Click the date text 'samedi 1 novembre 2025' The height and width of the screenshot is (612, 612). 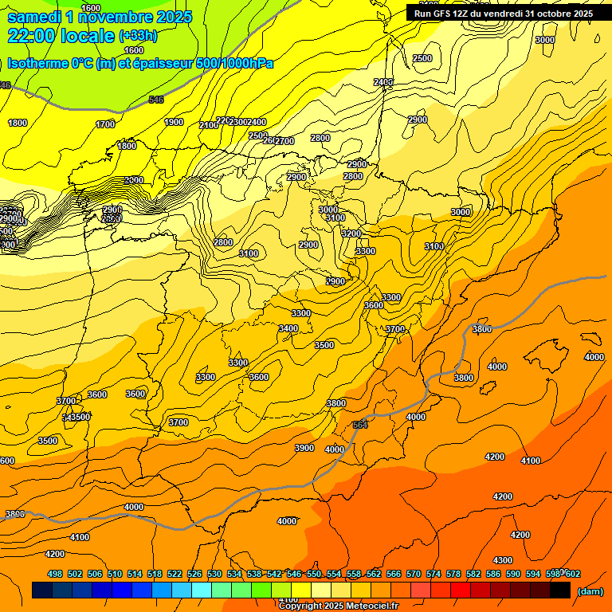[x=100, y=17]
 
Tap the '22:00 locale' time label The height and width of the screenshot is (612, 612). [x=61, y=35]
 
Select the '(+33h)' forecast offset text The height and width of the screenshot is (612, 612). [x=138, y=36]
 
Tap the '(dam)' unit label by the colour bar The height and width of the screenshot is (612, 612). [x=590, y=590]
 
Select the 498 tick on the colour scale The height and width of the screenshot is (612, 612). [x=55, y=574]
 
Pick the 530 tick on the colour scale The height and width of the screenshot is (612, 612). [x=214, y=574]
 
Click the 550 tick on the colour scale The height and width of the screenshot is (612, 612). [x=314, y=574]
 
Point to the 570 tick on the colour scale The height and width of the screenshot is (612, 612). [x=414, y=574]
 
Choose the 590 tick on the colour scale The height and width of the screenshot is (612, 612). [x=513, y=574]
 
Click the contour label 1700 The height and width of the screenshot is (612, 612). [x=105, y=124]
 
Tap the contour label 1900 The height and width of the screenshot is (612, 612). [x=174, y=122]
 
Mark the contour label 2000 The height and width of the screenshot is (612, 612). [x=134, y=180]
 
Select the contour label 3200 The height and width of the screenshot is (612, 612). [x=351, y=233]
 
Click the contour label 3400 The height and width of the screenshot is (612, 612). [x=288, y=328]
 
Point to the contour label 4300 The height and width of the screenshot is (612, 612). [x=503, y=560]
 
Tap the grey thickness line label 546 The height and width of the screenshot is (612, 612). [x=156, y=100]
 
